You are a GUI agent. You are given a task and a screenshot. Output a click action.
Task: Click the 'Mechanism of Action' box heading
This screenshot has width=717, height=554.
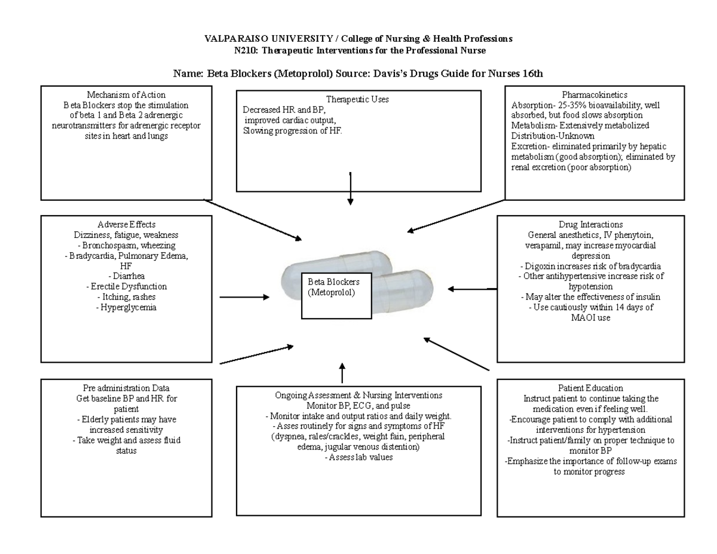pyautogui.click(x=126, y=94)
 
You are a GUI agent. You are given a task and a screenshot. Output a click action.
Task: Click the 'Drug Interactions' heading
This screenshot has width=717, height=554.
pyautogui.click(x=590, y=225)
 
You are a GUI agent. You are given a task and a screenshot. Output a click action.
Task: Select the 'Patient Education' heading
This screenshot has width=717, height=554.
pyautogui.click(x=590, y=388)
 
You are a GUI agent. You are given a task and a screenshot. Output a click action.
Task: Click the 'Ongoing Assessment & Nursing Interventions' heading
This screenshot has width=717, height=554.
pyautogui.click(x=358, y=396)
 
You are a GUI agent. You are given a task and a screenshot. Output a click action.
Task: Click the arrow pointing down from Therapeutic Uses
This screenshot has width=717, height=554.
pyautogui.click(x=350, y=188)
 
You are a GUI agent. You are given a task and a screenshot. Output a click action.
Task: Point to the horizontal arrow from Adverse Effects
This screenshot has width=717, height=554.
pyautogui.click(x=244, y=297)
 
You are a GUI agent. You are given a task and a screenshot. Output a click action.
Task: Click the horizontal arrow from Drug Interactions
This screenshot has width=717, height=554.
pyautogui.click(x=472, y=289)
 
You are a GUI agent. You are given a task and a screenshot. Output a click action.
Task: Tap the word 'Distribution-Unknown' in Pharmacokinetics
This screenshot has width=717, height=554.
pyautogui.click(x=548, y=136)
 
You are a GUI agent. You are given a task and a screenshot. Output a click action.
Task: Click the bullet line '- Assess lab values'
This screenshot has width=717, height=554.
pyautogui.click(x=358, y=457)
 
